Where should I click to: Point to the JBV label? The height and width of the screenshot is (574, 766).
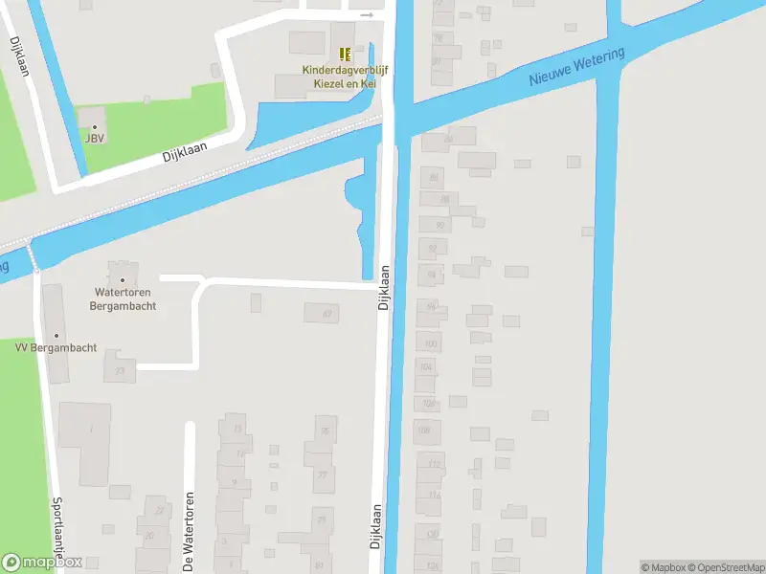pyautogui.click(x=94, y=139)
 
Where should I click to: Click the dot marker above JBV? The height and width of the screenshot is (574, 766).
pyautogui.click(x=94, y=126)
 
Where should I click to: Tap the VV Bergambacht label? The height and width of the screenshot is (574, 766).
pyautogui.click(x=56, y=347)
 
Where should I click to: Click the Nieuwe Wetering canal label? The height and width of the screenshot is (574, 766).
pyautogui.click(x=576, y=66)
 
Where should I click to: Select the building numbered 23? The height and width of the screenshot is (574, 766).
pyautogui.click(x=121, y=371)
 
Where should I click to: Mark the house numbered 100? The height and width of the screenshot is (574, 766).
pyautogui.click(x=430, y=343)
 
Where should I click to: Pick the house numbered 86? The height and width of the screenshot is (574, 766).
pyautogui.click(x=448, y=139)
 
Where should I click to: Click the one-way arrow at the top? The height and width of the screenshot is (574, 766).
pyautogui.click(x=366, y=15)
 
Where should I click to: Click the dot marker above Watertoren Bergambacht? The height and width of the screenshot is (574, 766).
pyautogui.click(x=122, y=279)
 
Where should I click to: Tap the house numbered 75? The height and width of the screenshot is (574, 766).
pyautogui.click(x=326, y=430)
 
